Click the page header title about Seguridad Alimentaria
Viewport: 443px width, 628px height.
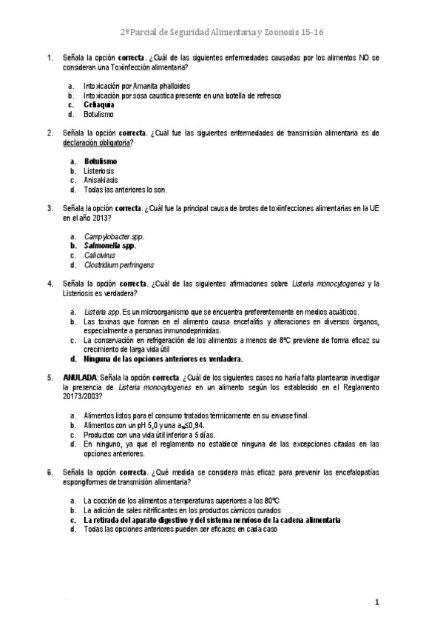pyautogui.click(x=222, y=33)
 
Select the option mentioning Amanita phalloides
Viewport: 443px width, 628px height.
pyautogui.click(x=137, y=85)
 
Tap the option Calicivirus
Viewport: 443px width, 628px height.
pyautogui.click(x=100, y=255)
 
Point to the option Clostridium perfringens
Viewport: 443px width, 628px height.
pyautogui.click(x=119, y=264)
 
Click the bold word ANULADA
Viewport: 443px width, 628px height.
pyautogui.click(x=80, y=378)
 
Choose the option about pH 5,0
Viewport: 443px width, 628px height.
pyautogui.click(x=143, y=425)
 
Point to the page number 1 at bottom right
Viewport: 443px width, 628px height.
pyautogui.click(x=376, y=603)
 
